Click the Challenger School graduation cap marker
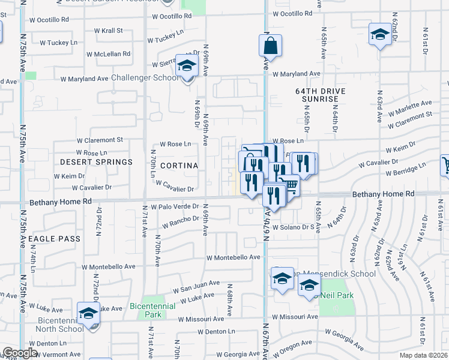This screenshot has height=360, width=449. point(187,65)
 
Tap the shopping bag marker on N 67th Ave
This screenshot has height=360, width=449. point(270,46)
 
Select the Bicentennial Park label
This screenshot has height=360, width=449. point(153,310)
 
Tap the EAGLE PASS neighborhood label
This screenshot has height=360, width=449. point(54,239)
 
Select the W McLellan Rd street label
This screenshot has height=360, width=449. point(109,53)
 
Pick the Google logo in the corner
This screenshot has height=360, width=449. point(20,353)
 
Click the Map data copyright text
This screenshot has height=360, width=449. point(424,355)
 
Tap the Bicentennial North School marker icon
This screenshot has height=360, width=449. point(88,313)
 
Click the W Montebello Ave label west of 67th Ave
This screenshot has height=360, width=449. point(233,257)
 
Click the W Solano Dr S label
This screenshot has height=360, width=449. point(294,227)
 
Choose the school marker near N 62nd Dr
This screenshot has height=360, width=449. point(379,35)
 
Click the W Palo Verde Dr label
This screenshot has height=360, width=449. point(175,206)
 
